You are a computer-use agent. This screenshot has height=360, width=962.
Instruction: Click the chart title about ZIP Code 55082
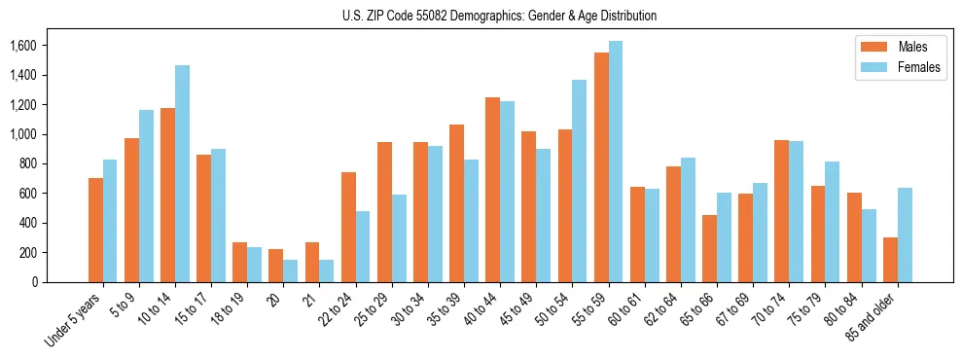click(500, 16)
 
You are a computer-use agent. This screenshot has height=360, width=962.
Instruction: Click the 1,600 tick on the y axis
click(22, 46)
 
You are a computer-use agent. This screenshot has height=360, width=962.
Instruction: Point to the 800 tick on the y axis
click(27, 163)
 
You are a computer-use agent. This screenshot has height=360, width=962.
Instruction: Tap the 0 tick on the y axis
click(34, 282)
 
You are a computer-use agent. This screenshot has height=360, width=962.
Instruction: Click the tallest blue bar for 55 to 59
click(616, 162)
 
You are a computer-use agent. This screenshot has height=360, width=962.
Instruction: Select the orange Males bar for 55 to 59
click(601, 167)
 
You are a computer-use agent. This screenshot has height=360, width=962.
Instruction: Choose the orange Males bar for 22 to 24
click(348, 227)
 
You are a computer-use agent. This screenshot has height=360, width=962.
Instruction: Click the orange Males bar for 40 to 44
click(493, 190)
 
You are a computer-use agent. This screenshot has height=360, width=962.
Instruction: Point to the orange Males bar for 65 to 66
click(710, 248)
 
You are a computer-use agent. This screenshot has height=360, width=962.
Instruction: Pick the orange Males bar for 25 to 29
click(384, 212)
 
